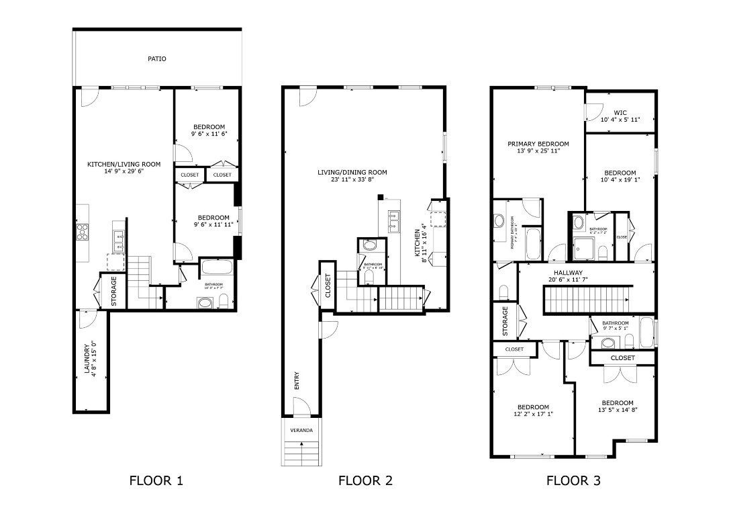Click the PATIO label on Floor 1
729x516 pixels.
[x=157, y=59]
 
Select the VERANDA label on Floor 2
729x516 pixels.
[x=301, y=430]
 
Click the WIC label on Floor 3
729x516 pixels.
[x=620, y=112]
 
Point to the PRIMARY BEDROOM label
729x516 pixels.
[x=538, y=144]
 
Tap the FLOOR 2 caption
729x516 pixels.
[x=365, y=480]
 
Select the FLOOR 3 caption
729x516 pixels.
[x=573, y=480]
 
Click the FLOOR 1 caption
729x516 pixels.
[x=156, y=480]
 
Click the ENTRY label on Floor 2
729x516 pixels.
[x=297, y=380]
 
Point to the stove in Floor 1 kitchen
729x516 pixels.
[x=83, y=232]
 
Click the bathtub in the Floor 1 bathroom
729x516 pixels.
[x=217, y=267]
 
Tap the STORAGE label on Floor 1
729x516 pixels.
[x=114, y=291]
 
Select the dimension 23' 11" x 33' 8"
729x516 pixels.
[x=352, y=180]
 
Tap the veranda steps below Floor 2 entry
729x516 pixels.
[x=301, y=451]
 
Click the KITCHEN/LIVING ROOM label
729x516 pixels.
[x=124, y=164]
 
